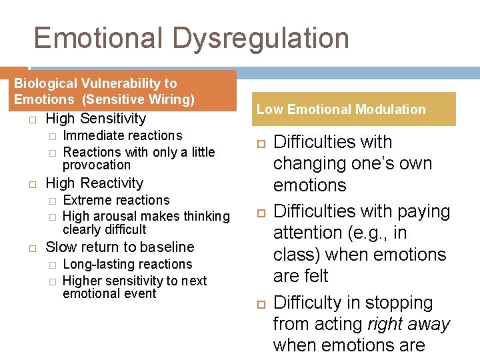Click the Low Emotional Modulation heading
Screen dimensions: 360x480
[341, 109]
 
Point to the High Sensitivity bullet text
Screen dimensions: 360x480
[95, 119]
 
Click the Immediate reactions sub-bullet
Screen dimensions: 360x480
[122, 136]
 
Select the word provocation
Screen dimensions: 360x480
[97, 165]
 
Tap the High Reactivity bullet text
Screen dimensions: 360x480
[94, 183]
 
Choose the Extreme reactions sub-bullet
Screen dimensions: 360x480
[116, 201]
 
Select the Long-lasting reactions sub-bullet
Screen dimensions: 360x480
[127, 265]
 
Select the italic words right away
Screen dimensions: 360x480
[409, 324]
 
